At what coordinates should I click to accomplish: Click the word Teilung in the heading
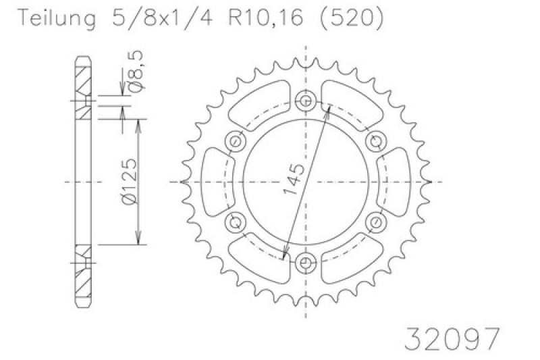coord(57,19)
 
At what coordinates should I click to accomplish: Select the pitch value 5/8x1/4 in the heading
coord(163,18)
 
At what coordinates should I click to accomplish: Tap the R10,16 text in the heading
coord(266,18)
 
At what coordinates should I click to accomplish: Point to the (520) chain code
coord(352,18)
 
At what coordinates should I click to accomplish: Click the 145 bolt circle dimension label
coord(294,179)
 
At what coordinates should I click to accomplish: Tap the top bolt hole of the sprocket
coord(306,101)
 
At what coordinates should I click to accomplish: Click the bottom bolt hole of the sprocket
coord(306,263)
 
